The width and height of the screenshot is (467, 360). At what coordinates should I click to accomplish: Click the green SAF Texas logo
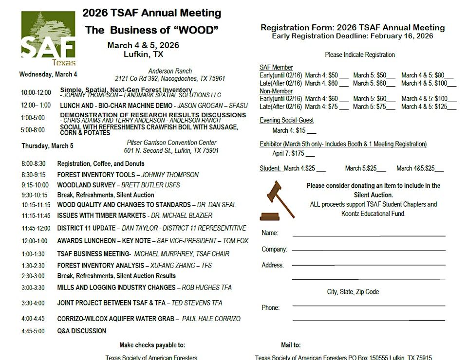click(x=48, y=38)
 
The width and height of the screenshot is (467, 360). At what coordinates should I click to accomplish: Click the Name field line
click(x=369, y=235)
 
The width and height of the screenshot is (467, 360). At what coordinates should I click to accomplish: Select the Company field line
click(x=369, y=251)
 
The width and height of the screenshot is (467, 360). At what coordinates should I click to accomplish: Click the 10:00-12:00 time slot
click(x=36, y=92)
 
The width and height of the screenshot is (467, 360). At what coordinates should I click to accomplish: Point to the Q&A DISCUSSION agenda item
click(x=81, y=331)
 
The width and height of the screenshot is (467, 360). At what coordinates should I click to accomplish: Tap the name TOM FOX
click(x=236, y=240)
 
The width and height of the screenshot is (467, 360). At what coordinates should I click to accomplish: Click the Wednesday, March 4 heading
click(x=48, y=74)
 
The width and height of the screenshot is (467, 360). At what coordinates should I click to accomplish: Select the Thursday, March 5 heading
click(x=47, y=146)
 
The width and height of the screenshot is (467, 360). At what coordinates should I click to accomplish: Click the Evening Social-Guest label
click(x=286, y=120)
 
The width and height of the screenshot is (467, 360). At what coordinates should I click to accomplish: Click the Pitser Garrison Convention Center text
click(x=171, y=143)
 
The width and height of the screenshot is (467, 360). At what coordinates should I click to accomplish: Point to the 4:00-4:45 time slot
click(x=33, y=319)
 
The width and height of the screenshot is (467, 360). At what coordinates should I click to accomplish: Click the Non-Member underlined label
click(x=276, y=91)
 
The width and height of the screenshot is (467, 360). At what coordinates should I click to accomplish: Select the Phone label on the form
click(x=270, y=307)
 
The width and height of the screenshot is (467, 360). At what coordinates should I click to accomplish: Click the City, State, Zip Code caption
click(x=353, y=292)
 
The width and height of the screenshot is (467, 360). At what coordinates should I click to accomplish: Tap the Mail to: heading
click(x=291, y=345)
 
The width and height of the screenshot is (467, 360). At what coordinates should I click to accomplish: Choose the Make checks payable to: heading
click(x=152, y=345)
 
